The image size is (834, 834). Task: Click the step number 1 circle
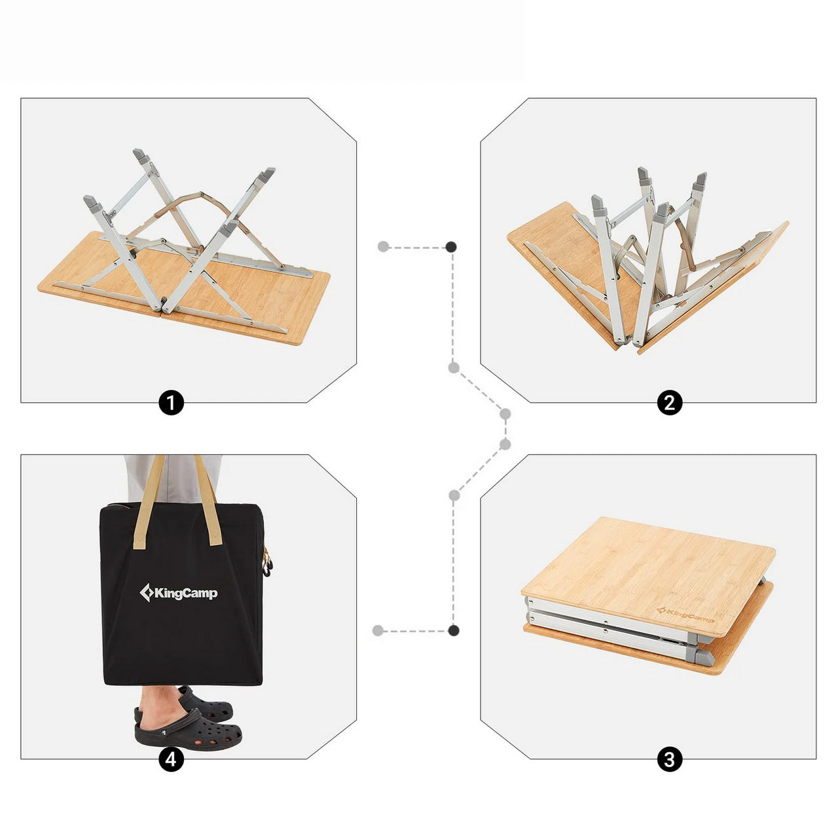(x=171, y=402)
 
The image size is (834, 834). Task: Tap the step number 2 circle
(x=669, y=402)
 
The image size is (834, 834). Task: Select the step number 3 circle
(x=669, y=759)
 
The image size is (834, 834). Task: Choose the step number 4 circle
(x=171, y=759)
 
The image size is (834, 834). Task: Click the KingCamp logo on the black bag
(x=178, y=594)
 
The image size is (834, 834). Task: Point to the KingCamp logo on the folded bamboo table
(x=685, y=616)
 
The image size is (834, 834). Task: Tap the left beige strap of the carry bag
(x=147, y=501)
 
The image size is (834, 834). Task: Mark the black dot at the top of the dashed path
(x=452, y=247)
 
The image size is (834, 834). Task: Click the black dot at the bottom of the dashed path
(x=453, y=630)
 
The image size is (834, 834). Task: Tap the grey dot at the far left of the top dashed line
(x=384, y=247)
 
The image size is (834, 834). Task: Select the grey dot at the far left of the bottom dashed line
(x=378, y=630)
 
